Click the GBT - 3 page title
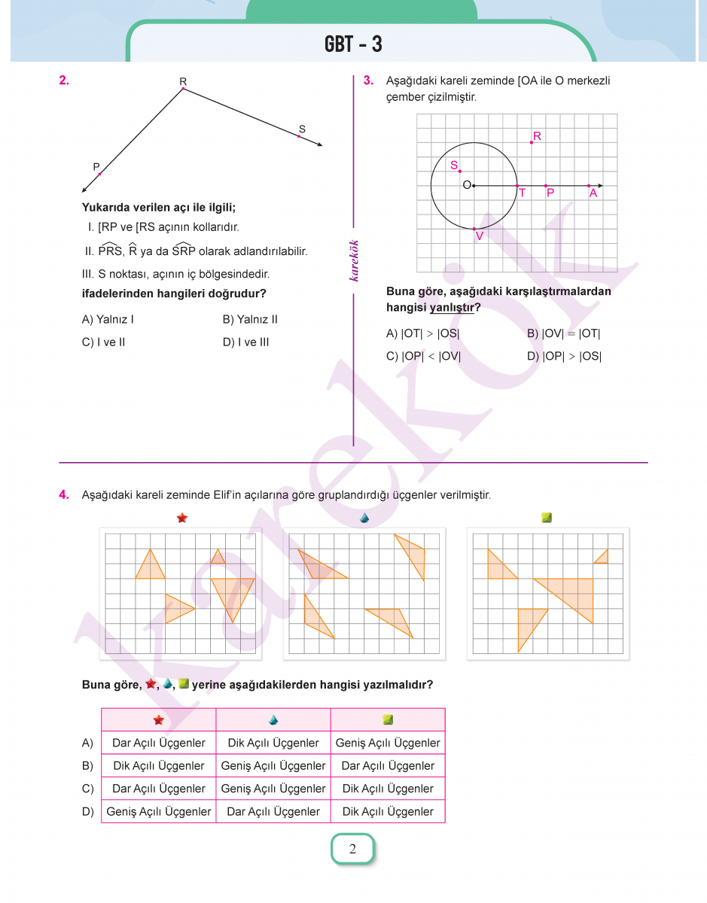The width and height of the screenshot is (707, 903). (353, 44)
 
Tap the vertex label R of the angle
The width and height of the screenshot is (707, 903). (183, 81)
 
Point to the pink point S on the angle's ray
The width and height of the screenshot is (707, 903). (299, 137)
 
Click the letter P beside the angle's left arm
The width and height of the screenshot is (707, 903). (96, 166)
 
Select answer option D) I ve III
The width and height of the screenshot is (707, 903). (245, 342)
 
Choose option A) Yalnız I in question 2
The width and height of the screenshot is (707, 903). (108, 320)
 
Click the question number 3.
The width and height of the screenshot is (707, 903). (367, 80)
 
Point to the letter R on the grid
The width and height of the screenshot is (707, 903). (537, 136)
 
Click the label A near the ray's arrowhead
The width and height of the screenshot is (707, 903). (593, 193)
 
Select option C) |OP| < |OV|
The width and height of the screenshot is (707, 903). (423, 357)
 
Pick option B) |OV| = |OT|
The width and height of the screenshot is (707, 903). (563, 334)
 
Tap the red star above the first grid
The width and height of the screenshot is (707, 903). (181, 518)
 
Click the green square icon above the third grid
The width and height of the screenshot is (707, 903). (547, 518)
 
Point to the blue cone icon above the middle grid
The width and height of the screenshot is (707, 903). (364, 518)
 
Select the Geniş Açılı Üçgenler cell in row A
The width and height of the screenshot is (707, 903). (388, 743)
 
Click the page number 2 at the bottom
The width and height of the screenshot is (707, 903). (352, 850)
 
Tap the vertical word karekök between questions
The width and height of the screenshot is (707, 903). (354, 260)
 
